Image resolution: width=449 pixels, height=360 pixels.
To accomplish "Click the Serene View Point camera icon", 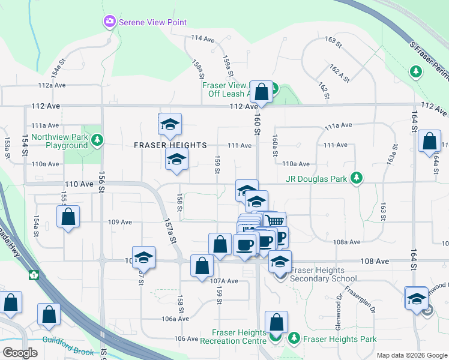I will coord(109,22).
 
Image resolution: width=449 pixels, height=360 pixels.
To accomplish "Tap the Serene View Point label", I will coord(153,22).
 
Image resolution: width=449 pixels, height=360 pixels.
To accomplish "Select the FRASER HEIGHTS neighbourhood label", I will coord(170,145).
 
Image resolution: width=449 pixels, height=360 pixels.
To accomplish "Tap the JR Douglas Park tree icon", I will coord(357,178).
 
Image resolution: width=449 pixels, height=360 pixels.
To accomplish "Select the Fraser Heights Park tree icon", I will coord(294,338).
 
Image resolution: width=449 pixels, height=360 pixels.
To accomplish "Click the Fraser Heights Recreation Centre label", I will coord(238,337).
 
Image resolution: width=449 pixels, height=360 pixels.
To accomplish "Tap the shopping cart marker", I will coord(274,221).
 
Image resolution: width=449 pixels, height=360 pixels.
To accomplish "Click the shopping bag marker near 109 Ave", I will coord(68,217).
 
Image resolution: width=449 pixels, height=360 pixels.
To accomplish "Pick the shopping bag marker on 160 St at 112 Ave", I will coord(261,92).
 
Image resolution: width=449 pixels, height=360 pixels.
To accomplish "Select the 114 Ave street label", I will coord(203,38).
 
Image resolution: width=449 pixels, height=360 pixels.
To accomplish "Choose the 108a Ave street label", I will coord(347,242).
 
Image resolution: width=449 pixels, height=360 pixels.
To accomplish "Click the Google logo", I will coord(20,353).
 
